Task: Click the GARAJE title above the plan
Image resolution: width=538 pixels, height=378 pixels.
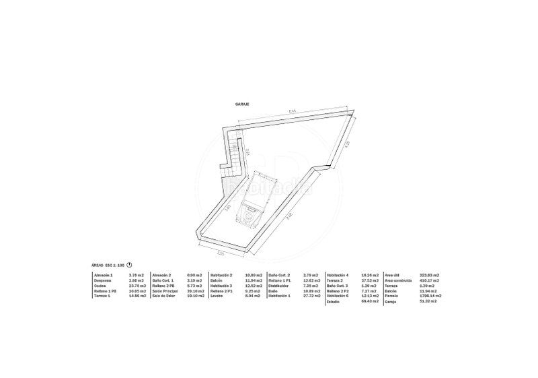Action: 242,104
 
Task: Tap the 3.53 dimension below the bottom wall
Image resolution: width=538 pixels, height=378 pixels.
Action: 220,254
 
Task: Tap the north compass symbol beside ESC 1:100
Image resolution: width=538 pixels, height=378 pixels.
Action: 129,265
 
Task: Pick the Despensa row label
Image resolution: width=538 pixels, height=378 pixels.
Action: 103,280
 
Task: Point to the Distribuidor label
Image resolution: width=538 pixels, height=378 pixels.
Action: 279,285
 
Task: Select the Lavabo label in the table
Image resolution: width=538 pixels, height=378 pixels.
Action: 217,296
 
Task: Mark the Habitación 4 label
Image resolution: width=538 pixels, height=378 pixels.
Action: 338,274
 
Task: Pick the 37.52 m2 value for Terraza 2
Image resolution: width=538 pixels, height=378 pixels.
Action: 369,280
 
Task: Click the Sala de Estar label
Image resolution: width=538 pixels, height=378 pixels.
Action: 163,296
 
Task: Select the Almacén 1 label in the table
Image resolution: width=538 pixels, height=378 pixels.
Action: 104,274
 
